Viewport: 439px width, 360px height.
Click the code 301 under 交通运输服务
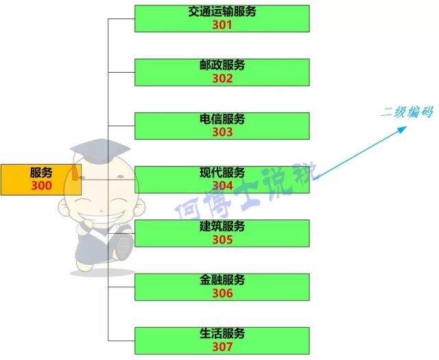coord(222,25)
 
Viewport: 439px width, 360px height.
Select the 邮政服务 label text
coord(222,65)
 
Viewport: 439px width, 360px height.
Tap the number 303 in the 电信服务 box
coord(222,132)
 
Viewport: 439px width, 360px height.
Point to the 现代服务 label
coord(222,173)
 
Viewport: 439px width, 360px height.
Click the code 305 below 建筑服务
coord(222,240)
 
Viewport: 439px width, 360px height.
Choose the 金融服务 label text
coord(222,280)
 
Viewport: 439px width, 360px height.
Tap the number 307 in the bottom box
coord(222,347)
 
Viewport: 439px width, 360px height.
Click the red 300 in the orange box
coord(41,186)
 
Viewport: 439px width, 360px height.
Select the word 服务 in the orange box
coord(41,172)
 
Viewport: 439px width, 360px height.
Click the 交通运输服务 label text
coord(222,12)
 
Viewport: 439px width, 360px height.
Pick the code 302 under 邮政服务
coord(222,78)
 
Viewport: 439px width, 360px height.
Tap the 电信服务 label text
coord(222,119)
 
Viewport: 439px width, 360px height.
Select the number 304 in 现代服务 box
coord(222,186)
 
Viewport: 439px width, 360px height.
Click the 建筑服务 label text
coord(222,226)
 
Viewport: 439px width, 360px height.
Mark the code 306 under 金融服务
coord(222,293)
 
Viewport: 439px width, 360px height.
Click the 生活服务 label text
coord(222,334)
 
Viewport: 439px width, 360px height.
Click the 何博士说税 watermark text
coord(244,191)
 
